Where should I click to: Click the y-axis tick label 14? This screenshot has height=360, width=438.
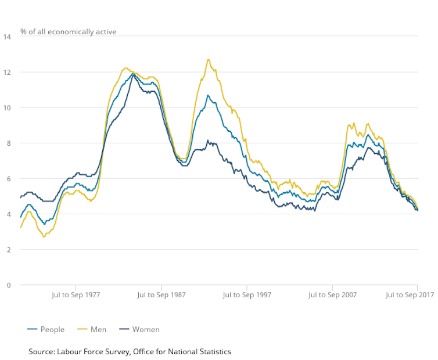click(x=8, y=37)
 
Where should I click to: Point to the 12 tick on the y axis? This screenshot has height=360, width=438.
click(x=8, y=72)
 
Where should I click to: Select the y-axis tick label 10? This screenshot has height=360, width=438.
click(x=8, y=107)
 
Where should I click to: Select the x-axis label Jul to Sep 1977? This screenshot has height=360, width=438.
click(x=76, y=295)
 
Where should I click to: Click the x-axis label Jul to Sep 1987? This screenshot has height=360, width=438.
click(x=161, y=295)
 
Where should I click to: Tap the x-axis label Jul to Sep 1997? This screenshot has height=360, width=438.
click(x=247, y=295)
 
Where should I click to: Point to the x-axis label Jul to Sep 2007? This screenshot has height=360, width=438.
click(x=332, y=295)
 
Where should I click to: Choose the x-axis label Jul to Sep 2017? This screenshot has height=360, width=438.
click(x=410, y=295)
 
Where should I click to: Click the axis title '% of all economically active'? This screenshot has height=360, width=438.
click(x=69, y=31)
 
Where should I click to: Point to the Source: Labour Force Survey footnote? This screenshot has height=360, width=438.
click(x=130, y=351)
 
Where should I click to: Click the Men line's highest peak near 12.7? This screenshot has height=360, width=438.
click(x=208, y=59)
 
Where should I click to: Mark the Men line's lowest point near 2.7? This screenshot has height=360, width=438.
click(x=44, y=236)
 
